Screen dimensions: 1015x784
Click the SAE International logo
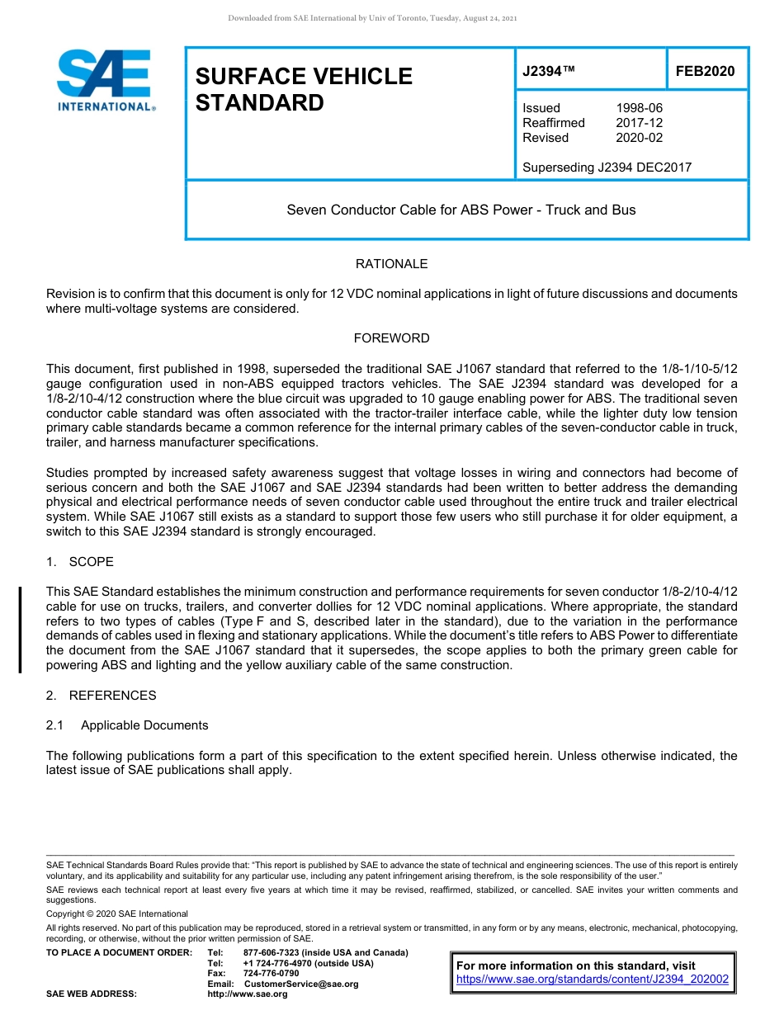[x=106, y=81]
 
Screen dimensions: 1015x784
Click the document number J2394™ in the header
[x=548, y=72]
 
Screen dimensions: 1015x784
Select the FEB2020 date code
[x=705, y=72]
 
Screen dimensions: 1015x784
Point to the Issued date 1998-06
[x=639, y=108]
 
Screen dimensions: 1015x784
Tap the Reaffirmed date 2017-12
[x=639, y=123]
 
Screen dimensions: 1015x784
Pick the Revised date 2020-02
[x=639, y=138]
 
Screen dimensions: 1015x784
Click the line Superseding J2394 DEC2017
[x=607, y=168]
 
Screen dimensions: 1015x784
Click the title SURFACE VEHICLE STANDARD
[x=304, y=89]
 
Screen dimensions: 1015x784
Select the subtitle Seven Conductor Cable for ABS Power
[x=460, y=210]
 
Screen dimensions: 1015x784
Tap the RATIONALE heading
[x=391, y=264]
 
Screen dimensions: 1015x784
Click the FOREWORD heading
[x=391, y=338]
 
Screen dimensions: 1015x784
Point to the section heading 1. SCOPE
[x=80, y=562]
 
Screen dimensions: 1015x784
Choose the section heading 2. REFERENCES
[x=101, y=696]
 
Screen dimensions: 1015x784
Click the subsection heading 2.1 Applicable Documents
[x=127, y=725]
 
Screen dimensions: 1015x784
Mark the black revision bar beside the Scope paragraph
[x=21, y=629]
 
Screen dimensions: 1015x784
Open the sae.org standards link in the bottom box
[x=593, y=980]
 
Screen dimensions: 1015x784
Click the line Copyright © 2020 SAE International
[x=117, y=913]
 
